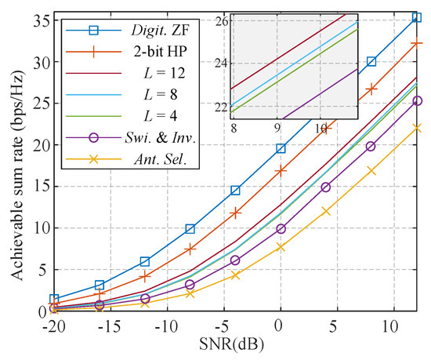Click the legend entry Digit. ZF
[x=151, y=31]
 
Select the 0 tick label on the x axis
[x=280, y=325]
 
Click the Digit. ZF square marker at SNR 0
[x=280, y=148]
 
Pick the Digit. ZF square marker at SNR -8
[x=190, y=229]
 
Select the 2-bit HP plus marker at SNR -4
[x=235, y=213]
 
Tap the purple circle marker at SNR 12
[x=416, y=101]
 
